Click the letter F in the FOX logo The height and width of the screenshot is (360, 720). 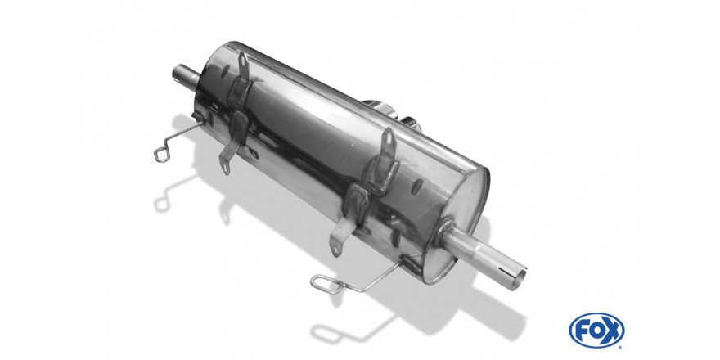coord(580,331)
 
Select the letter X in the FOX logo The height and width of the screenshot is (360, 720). coord(611,331)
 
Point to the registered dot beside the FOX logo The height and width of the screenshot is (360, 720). coord(621,346)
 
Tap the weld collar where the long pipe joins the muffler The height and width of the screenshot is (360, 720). coord(445,230)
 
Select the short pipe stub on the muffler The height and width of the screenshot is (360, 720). coord(185,77)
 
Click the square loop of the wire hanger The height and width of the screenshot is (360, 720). coord(162,155)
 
